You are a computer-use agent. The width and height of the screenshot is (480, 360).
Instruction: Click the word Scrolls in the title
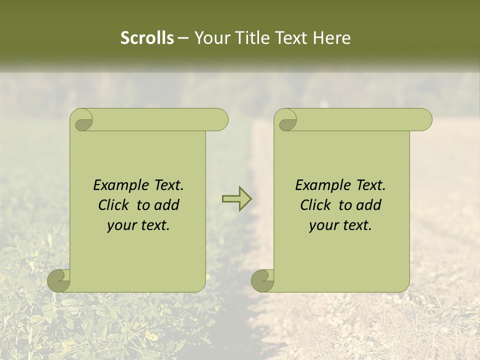pos(147,38)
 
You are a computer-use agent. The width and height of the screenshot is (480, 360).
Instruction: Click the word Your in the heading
pos(212,38)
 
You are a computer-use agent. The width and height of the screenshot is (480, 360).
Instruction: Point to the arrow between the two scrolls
pos(236,198)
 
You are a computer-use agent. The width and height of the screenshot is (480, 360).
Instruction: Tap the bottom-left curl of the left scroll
pos(59,280)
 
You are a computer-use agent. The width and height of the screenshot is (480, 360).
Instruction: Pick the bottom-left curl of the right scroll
pos(262,280)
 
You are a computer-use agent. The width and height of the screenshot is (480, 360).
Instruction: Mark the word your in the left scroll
pos(121,225)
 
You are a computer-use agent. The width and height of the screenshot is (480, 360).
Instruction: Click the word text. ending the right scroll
pos(356,225)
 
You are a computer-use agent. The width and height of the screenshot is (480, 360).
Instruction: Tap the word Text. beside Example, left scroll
pos(167,185)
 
